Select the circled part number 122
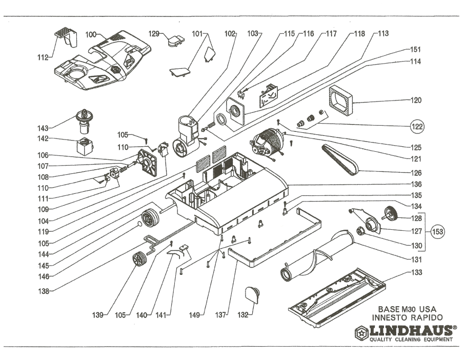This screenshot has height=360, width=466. point(419,125)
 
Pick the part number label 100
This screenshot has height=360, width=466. point(91,34)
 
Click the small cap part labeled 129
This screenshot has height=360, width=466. point(176,40)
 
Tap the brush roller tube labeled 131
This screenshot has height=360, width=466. point(318,255)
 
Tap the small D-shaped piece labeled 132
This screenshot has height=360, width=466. point(252,294)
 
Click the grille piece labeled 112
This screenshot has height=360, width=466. point(65,37)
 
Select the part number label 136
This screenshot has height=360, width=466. point(416,184)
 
